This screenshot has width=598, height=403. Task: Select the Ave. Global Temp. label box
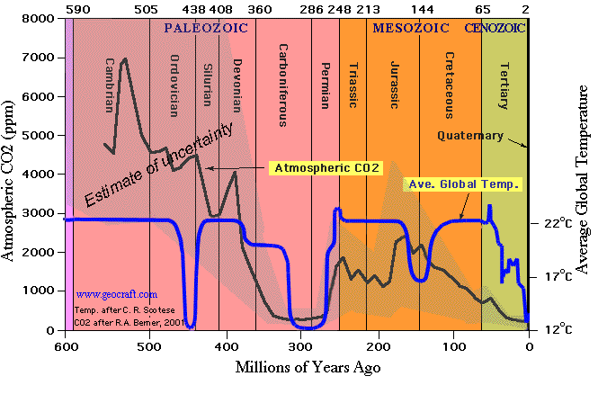(463, 184)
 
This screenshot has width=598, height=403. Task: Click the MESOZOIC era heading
(410, 28)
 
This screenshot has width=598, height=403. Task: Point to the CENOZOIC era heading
(495, 28)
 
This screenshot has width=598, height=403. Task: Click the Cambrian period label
(110, 85)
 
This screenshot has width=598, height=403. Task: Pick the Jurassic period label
(394, 85)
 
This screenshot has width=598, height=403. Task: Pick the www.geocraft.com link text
(117, 293)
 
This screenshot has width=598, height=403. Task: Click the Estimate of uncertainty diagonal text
(159, 162)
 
